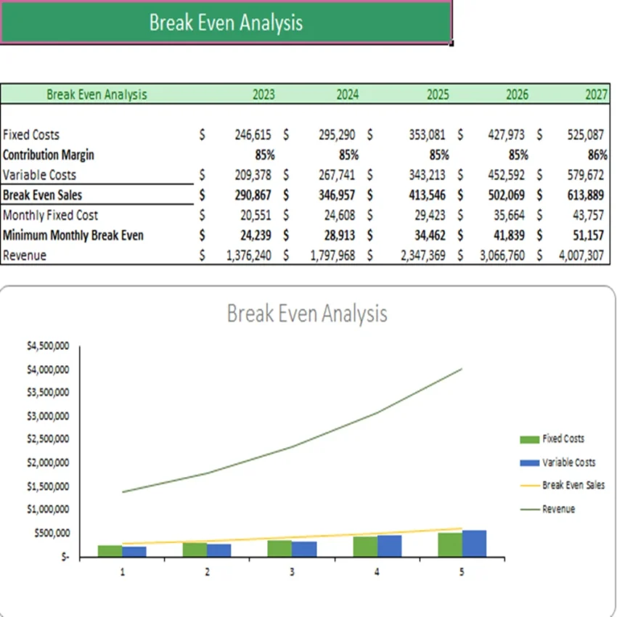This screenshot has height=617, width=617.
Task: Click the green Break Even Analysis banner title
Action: point(226,23)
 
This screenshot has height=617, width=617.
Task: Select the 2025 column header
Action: point(437,94)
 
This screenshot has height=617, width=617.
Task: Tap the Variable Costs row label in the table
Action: point(39,175)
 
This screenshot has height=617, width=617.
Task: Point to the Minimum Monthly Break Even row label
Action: point(73,235)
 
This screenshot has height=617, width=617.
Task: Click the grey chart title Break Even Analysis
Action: point(307,314)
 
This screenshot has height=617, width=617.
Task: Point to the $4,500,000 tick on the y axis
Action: point(48,346)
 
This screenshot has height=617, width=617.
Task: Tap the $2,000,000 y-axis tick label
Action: point(48,463)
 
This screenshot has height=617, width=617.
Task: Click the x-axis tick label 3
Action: point(292,572)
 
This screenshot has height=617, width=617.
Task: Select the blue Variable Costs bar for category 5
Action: point(474,544)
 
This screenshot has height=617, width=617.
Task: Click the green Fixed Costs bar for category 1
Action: point(110,551)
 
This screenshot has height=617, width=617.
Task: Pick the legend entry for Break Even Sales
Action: point(573,486)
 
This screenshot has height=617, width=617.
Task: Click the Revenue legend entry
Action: point(558,510)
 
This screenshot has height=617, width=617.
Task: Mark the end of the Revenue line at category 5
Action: point(462,369)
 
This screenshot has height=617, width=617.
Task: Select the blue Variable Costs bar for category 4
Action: point(389,547)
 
